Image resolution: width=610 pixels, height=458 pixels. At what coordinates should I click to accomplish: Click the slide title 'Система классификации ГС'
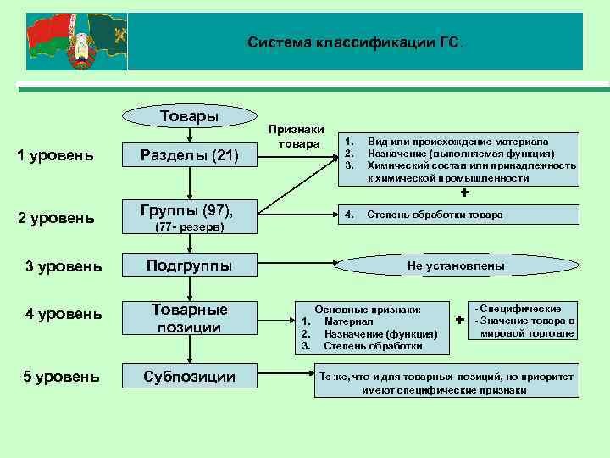coord(355,42)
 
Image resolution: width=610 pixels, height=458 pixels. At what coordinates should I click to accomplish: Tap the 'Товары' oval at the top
coord(189,116)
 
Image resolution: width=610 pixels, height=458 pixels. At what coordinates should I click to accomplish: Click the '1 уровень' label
coord(56,154)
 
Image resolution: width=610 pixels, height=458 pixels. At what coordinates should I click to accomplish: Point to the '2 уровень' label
coord(56,218)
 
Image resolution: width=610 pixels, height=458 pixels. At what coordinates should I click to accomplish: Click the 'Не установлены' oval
coord(455,265)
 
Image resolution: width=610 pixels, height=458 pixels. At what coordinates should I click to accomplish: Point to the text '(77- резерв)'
coord(189,228)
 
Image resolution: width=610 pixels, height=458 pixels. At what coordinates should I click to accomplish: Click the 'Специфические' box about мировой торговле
coord(525,321)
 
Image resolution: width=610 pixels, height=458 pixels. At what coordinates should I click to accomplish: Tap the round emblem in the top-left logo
coord(81,53)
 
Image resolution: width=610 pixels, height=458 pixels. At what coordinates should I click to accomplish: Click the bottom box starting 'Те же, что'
coord(445,383)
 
